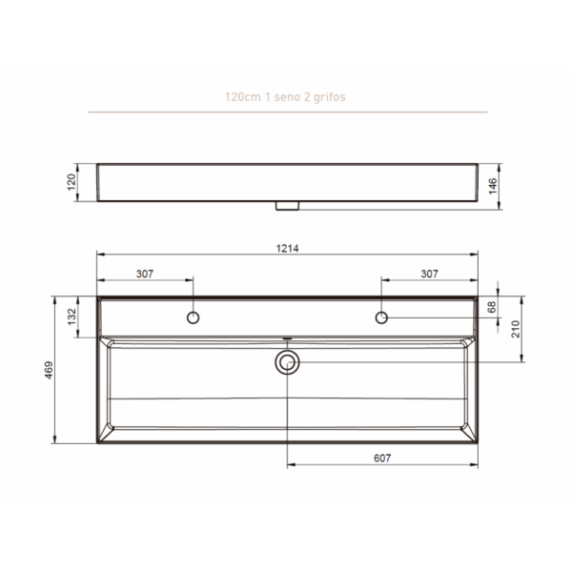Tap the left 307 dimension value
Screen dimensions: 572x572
(x=145, y=274)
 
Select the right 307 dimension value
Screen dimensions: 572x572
(x=429, y=274)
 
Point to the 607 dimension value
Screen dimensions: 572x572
(x=381, y=459)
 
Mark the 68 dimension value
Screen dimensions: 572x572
(x=492, y=307)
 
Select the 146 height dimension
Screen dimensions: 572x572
(x=492, y=186)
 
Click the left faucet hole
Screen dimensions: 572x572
(x=193, y=317)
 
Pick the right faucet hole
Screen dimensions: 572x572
(x=381, y=317)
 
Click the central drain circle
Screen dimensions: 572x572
(x=287, y=361)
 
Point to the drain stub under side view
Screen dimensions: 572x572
(x=287, y=205)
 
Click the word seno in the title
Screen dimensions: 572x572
(x=277, y=97)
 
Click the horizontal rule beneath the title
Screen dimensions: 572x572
(x=287, y=112)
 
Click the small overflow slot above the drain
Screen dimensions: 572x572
(x=287, y=337)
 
